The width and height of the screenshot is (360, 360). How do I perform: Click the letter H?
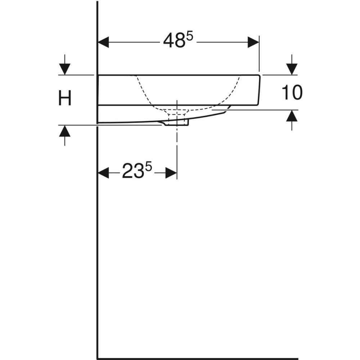65,98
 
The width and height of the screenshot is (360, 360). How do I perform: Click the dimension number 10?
292,93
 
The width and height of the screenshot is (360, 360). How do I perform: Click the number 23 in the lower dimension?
133,172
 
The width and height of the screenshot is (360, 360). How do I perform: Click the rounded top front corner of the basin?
258,76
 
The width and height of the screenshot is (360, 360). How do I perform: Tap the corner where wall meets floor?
98,359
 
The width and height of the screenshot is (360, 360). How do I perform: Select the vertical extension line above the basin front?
259,54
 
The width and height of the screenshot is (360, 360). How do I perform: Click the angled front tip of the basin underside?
229,107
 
